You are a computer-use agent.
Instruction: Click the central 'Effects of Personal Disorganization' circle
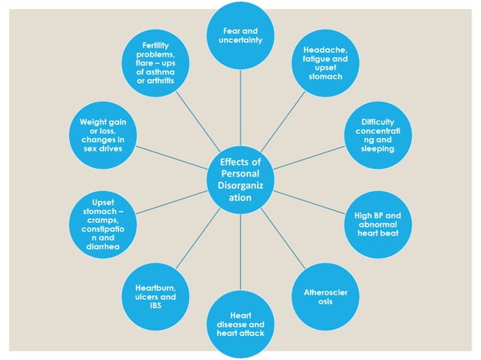[240, 179]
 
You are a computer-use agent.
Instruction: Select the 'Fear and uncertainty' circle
[240, 35]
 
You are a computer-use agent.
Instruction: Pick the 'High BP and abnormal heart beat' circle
[377, 224]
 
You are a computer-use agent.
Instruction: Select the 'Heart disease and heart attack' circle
[240, 324]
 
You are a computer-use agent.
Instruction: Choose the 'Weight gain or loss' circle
[103, 136]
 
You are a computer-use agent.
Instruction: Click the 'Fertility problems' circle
[156, 63]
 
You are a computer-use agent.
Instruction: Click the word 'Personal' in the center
[240, 173]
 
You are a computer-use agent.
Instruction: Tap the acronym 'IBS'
[156, 306]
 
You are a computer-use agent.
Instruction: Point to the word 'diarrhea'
[103, 245]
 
